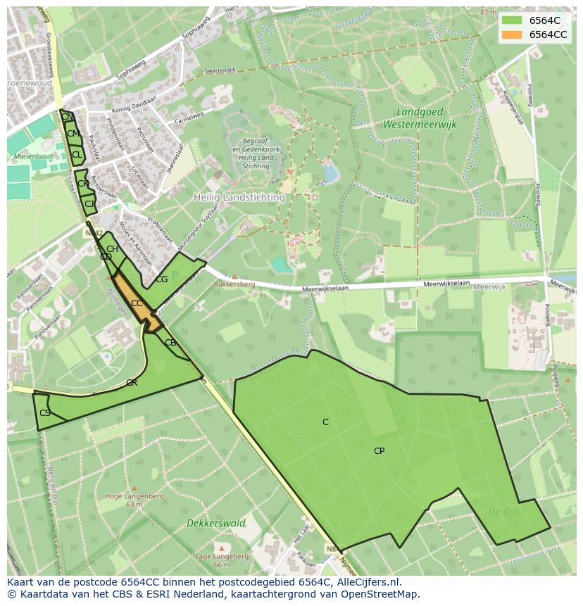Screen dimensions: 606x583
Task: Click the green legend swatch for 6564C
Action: coord(511,20)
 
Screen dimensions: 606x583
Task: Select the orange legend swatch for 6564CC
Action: coord(511,34)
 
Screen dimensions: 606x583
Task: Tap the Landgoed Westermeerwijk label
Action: coord(420,118)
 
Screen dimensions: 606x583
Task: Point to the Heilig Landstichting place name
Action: coord(239,198)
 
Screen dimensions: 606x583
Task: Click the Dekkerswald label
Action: coord(216,523)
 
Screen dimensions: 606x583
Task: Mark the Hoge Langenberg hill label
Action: coord(134,496)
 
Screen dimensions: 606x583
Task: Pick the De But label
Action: coord(503,512)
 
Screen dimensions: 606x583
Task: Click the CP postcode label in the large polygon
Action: coord(379,450)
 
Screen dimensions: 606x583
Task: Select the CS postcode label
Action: coord(45,412)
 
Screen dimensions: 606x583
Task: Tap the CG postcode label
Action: coord(162,279)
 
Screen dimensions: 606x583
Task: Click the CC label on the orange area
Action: coord(137,303)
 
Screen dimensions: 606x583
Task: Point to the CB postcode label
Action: coord(170,343)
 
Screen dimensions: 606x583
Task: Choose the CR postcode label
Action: coord(132,383)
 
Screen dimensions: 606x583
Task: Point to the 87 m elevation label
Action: coord(488,12)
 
